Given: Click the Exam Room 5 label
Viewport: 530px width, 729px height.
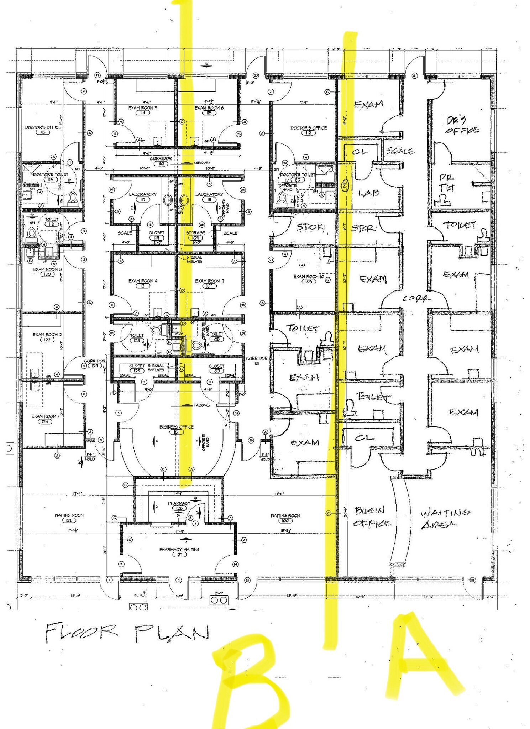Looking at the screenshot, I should coord(143,107).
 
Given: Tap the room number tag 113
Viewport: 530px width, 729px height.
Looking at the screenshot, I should coord(209,113).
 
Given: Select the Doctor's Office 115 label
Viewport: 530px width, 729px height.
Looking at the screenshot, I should coord(43,127).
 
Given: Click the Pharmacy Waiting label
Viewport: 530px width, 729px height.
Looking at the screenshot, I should coord(179,549).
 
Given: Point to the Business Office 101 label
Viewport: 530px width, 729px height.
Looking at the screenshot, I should coord(176,427).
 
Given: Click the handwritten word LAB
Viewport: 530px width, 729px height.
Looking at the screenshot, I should coord(369,193).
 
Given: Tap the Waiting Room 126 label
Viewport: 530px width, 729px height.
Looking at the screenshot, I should coord(69,515).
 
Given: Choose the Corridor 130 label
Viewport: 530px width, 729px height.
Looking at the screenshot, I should coord(161,159).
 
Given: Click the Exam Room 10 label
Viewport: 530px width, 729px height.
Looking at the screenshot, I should coord(308,276).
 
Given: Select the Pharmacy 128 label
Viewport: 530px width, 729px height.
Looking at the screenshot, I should coord(179,503).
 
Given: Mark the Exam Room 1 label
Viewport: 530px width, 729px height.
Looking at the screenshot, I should coord(44,416).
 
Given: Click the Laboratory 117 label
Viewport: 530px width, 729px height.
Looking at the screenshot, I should coord(143,194).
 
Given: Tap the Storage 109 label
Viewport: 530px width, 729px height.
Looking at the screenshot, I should coord(195,233).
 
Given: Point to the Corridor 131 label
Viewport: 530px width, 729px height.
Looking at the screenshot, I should coord(257,358).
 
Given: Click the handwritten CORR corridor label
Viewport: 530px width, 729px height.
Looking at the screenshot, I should coord(416,298).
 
